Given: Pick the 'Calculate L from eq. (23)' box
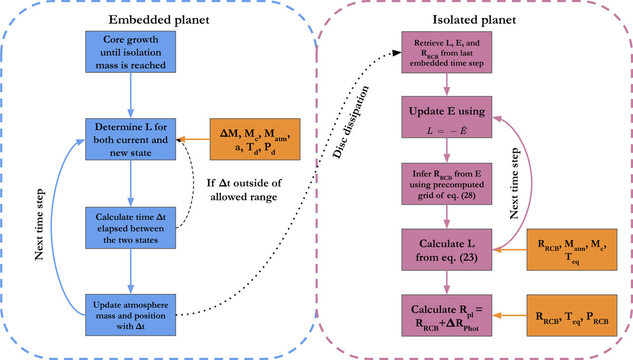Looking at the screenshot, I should (x=447, y=250).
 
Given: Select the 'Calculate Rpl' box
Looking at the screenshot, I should (x=447, y=316).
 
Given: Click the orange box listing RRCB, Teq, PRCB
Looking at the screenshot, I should (x=571, y=316).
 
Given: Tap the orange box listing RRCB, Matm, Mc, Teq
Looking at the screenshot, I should (x=571, y=250).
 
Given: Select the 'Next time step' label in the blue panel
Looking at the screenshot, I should (x=40, y=224).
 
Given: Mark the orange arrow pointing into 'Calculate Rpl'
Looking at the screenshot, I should (x=509, y=316).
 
